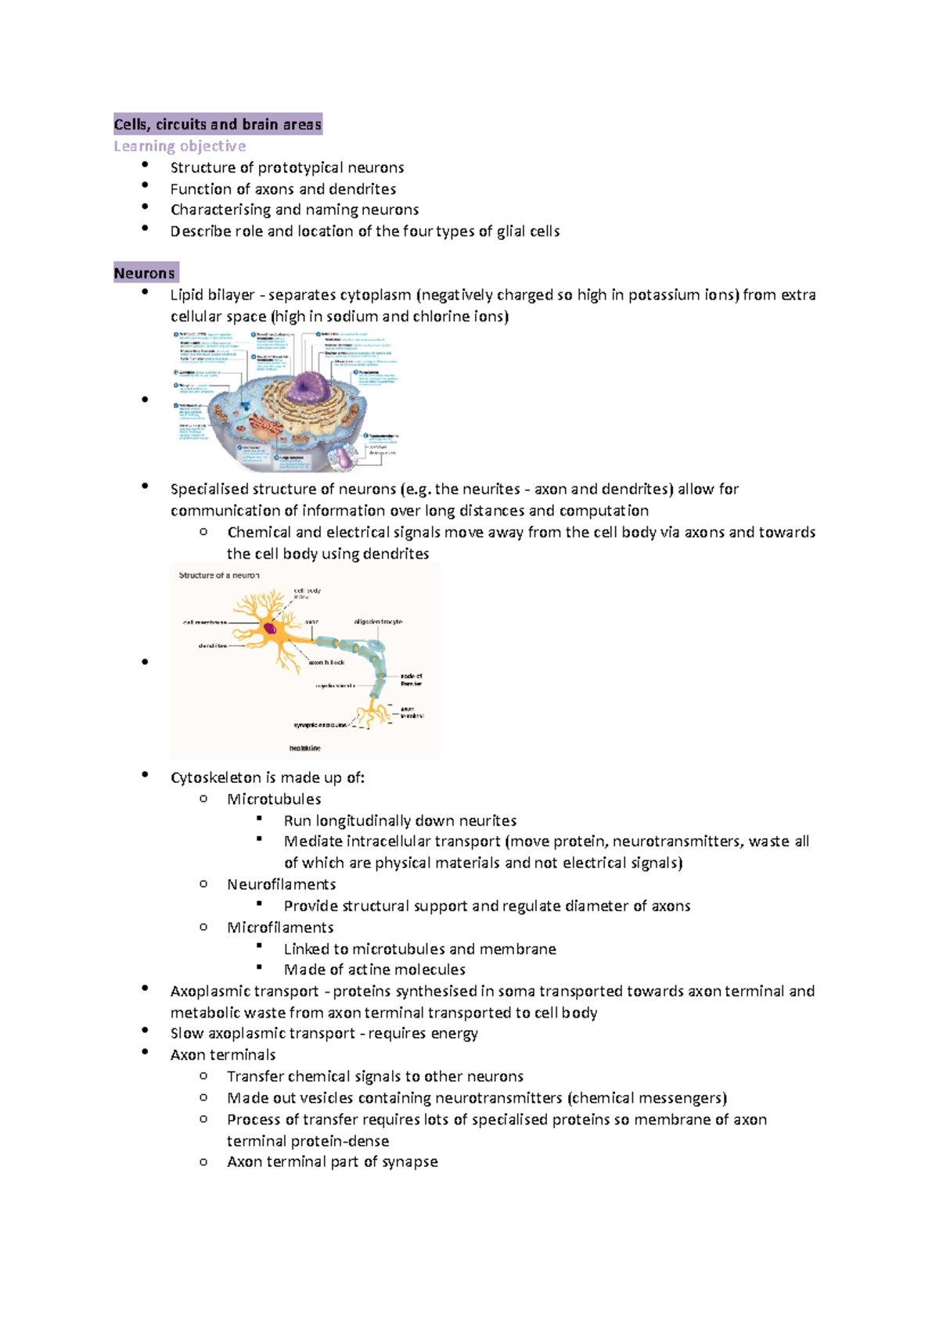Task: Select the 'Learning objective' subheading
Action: [180, 146]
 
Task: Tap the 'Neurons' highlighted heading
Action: [145, 273]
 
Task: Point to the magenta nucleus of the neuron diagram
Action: [270, 628]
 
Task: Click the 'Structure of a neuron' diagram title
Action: [219, 576]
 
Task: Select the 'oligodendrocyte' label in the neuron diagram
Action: [378, 622]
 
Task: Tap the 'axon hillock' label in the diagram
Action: [326, 662]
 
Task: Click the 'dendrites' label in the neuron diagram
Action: [212, 646]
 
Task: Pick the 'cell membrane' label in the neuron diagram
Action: [205, 623]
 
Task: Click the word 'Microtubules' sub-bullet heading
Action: [274, 799]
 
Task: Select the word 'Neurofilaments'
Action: [281, 885]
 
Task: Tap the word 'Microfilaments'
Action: [280, 928]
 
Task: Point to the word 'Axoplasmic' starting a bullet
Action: [207, 992]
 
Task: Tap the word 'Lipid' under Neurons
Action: [188, 295]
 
